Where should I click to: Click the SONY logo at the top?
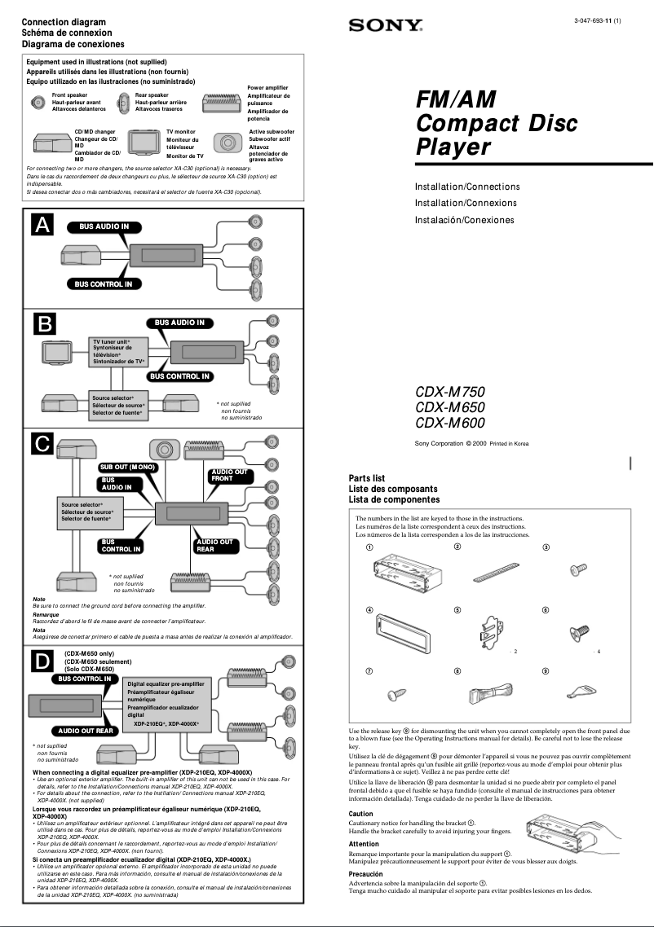pyautogui.click(x=386, y=25)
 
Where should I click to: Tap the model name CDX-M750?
pyautogui.click(x=449, y=392)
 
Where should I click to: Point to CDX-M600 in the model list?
pyautogui.click(x=449, y=423)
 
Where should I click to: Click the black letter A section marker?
pyautogui.click(x=43, y=226)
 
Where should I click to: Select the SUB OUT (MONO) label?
pyautogui.click(x=127, y=467)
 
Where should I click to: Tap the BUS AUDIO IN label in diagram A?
pyautogui.click(x=103, y=226)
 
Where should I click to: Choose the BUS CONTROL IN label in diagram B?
pyautogui.click(x=179, y=376)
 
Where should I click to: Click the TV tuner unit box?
pyautogui.click(x=118, y=351)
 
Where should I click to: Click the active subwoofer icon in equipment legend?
pyautogui.click(x=227, y=143)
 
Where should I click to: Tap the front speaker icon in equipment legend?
pyautogui.click(x=38, y=102)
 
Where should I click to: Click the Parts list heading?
pyautogui.click(x=366, y=478)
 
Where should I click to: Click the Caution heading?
pyautogui.click(x=360, y=814)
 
